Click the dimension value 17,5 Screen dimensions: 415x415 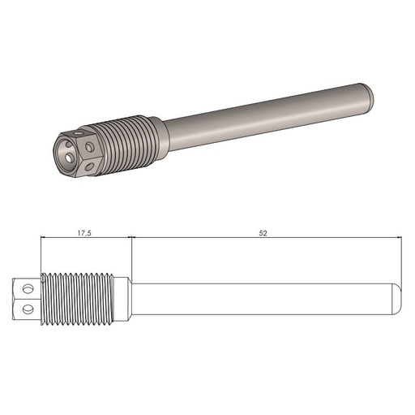[83, 232]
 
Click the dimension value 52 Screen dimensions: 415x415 [263, 232]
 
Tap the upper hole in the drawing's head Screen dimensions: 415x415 [29, 288]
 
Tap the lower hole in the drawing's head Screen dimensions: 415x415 [29, 307]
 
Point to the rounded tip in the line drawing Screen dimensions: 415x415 [396, 298]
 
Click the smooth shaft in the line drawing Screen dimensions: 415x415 [259, 298]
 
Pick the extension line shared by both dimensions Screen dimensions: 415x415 [130, 256]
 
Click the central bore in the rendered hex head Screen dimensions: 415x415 [66, 149]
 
